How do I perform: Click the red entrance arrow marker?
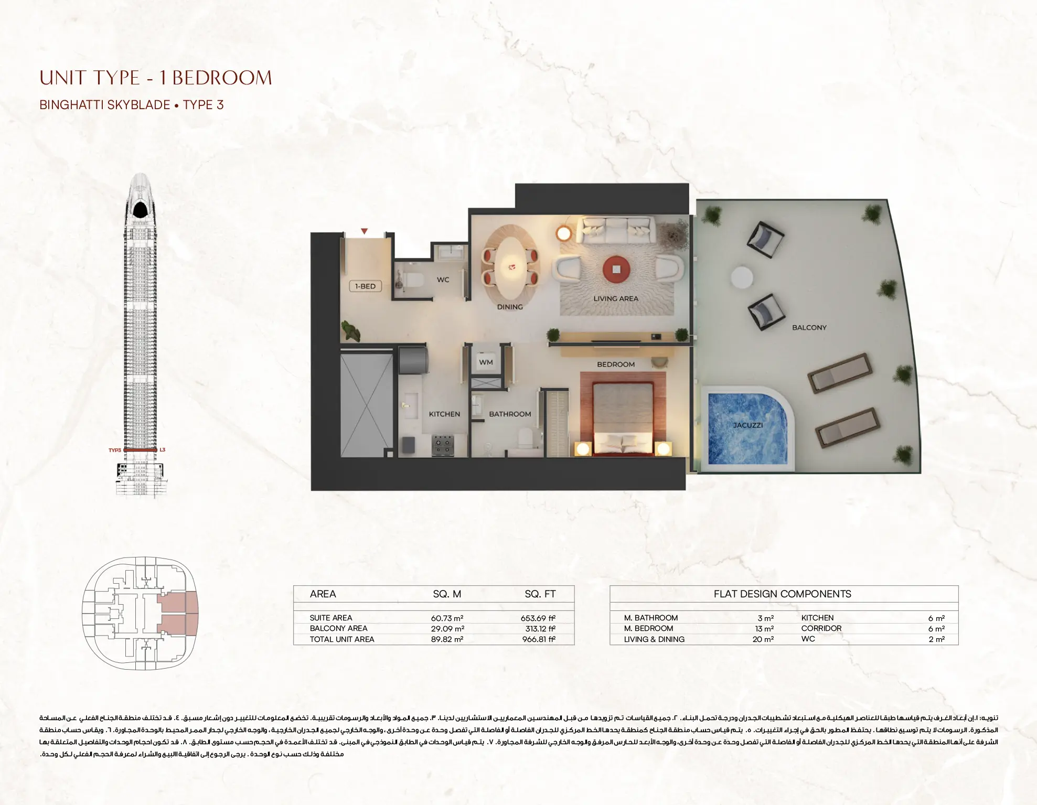pyautogui.click(x=364, y=231)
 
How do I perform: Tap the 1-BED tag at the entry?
pyautogui.click(x=365, y=286)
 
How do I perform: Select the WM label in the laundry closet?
pyautogui.click(x=486, y=362)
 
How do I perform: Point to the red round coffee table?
pyautogui.click(x=616, y=269)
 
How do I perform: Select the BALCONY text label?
pyautogui.click(x=809, y=328)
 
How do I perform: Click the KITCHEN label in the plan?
pyautogui.click(x=444, y=414)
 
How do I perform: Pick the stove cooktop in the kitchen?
pyautogui.click(x=443, y=445)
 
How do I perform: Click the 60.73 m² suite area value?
pyautogui.click(x=447, y=618)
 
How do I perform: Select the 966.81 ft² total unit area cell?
pyautogui.click(x=538, y=639)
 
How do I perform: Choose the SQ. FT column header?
pyautogui.click(x=540, y=594)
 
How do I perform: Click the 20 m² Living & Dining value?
pyautogui.click(x=763, y=639)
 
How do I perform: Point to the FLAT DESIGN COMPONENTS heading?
pyautogui.click(x=782, y=594)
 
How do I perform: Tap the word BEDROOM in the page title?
pyautogui.click(x=222, y=78)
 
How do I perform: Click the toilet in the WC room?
pyautogui.click(x=413, y=280)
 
